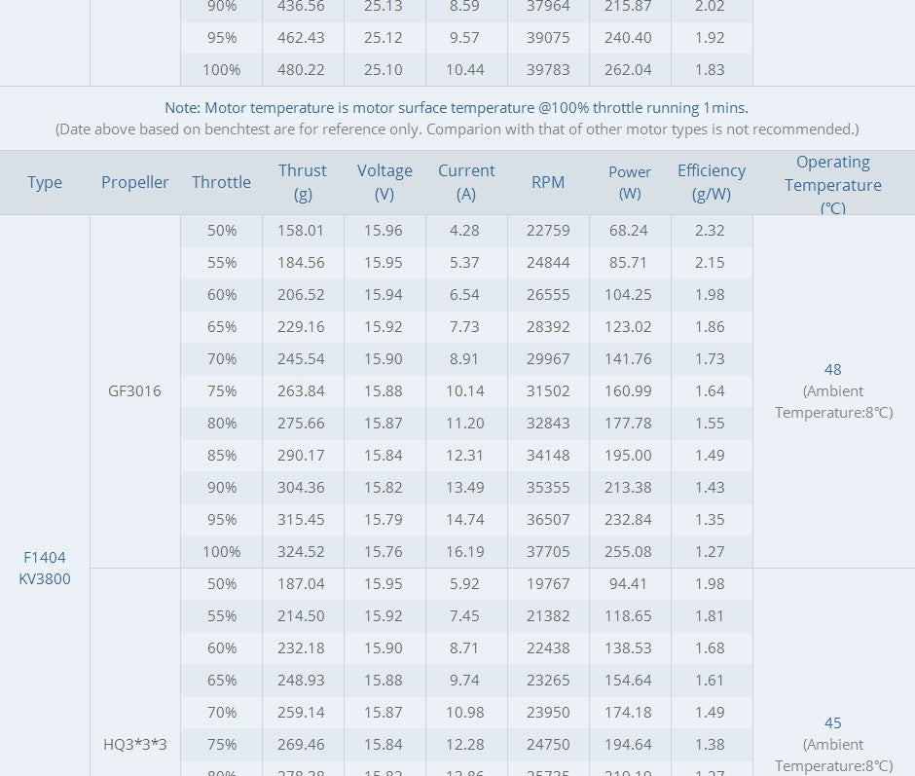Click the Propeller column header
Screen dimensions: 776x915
click(x=135, y=182)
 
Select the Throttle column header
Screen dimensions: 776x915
click(x=221, y=182)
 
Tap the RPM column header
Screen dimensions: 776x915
click(x=548, y=182)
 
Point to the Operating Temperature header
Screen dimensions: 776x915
click(x=833, y=184)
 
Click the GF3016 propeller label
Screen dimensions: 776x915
click(x=135, y=390)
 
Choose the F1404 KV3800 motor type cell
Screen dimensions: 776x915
click(x=45, y=568)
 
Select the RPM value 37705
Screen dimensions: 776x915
click(x=548, y=551)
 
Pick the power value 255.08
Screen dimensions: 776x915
click(x=630, y=551)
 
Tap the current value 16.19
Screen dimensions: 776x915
click(x=465, y=551)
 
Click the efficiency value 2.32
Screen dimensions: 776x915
click(x=711, y=231)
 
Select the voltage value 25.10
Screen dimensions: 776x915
click(x=384, y=69)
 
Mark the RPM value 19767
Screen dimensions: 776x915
click(x=548, y=583)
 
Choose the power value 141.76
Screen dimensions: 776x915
click(x=630, y=358)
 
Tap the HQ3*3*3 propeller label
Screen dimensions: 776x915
click(x=135, y=744)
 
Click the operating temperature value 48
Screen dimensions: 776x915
click(x=832, y=369)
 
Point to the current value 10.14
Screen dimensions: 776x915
click(x=465, y=390)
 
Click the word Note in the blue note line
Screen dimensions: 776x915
click(x=182, y=107)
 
